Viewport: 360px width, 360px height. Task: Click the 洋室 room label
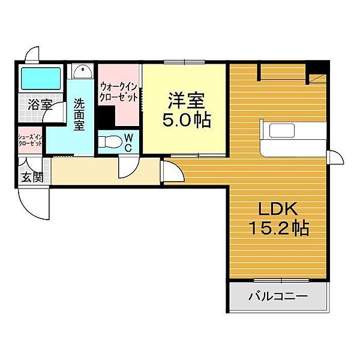pyautogui.click(x=187, y=100)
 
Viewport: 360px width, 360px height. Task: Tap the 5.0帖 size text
pyautogui.click(x=187, y=119)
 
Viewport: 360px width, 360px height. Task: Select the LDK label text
pyautogui.click(x=278, y=208)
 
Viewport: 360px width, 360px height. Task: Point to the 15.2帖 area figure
pyautogui.click(x=279, y=227)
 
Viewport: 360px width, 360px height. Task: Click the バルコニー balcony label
pyautogui.click(x=278, y=296)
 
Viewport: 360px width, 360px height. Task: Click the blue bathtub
pyautogui.click(x=41, y=78)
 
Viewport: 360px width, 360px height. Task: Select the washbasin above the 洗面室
pyautogui.click(x=82, y=71)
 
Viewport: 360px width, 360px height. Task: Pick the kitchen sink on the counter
pyautogui.click(x=282, y=131)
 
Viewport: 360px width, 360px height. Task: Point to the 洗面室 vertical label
pyautogui.click(x=79, y=115)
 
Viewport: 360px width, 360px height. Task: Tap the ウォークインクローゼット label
pyautogui.click(x=119, y=92)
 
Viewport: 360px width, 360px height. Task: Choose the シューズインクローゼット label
pyautogui.click(x=31, y=140)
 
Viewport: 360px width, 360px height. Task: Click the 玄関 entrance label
pyautogui.click(x=32, y=177)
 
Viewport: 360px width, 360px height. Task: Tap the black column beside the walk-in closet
pyautogui.click(x=106, y=118)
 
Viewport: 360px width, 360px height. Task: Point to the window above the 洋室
pyautogui.click(x=184, y=62)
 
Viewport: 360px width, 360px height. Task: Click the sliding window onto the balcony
pyautogui.click(x=282, y=280)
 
